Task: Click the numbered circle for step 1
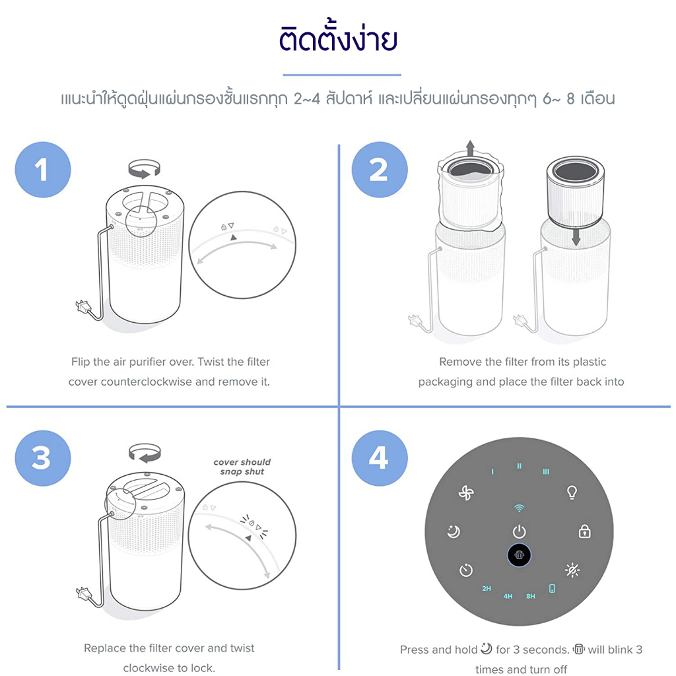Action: coord(43,170)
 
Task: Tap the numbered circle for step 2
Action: coord(380,170)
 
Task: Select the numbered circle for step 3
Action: coord(43,458)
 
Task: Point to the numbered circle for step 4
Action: coord(380,458)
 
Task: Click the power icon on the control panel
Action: coord(519,531)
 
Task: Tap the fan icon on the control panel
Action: coord(466,492)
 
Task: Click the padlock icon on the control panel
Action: coord(585,531)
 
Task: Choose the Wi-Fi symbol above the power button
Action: coord(519,508)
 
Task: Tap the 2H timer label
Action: coord(487,588)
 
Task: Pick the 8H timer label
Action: coord(531,596)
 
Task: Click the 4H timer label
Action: coord(508,596)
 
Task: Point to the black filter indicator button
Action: coord(519,555)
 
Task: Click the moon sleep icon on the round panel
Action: coord(454,531)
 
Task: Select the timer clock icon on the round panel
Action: coord(465,570)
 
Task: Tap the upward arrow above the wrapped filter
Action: coord(470,148)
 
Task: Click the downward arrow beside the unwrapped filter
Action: coord(576,237)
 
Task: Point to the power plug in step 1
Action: coord(83,306)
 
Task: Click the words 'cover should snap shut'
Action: coord(242,467)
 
